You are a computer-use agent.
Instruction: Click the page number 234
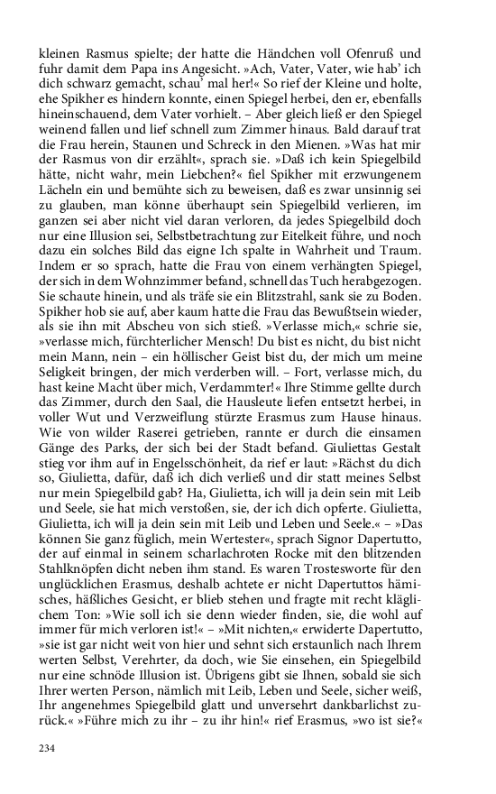click(48, 748)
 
